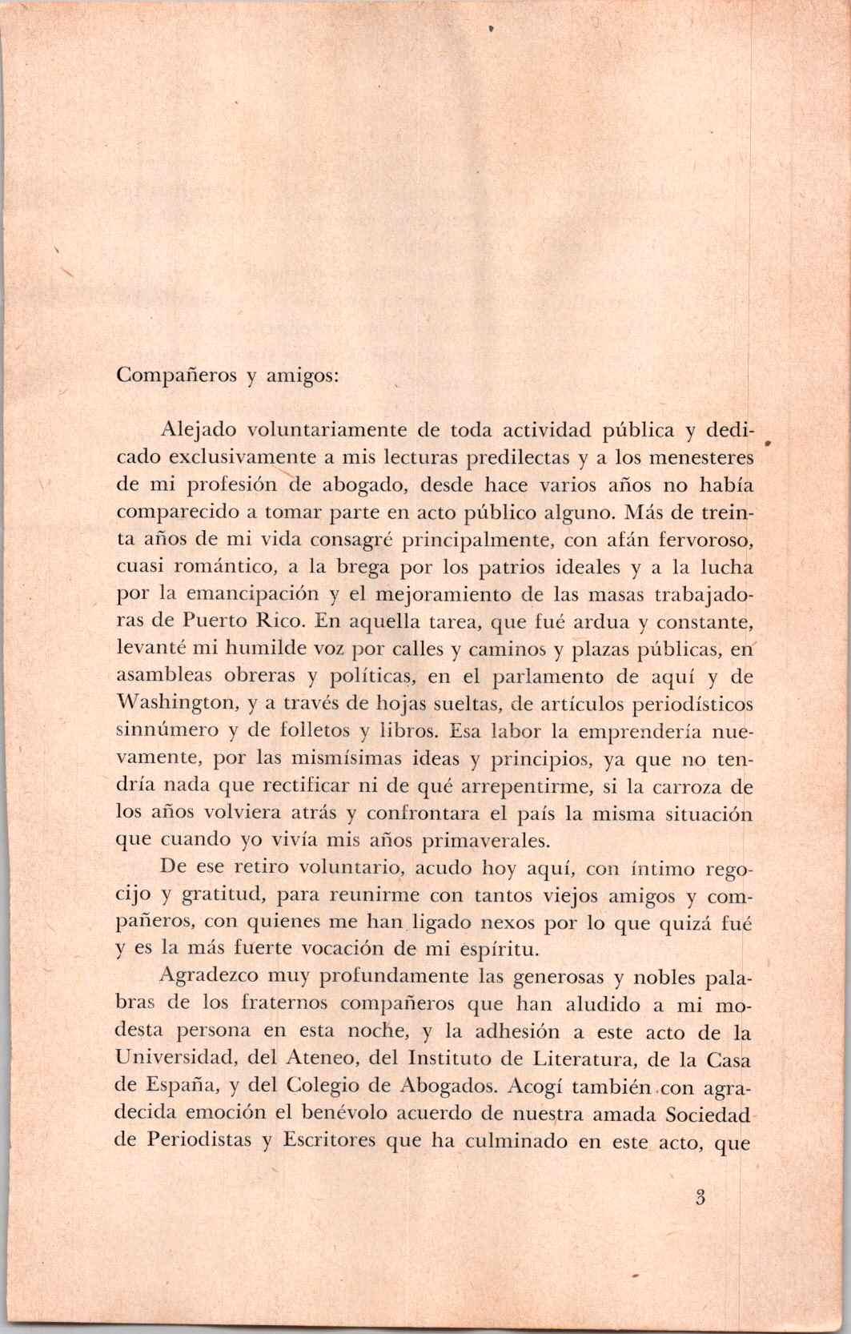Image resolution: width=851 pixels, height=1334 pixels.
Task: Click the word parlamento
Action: click(x=545, y=676)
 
